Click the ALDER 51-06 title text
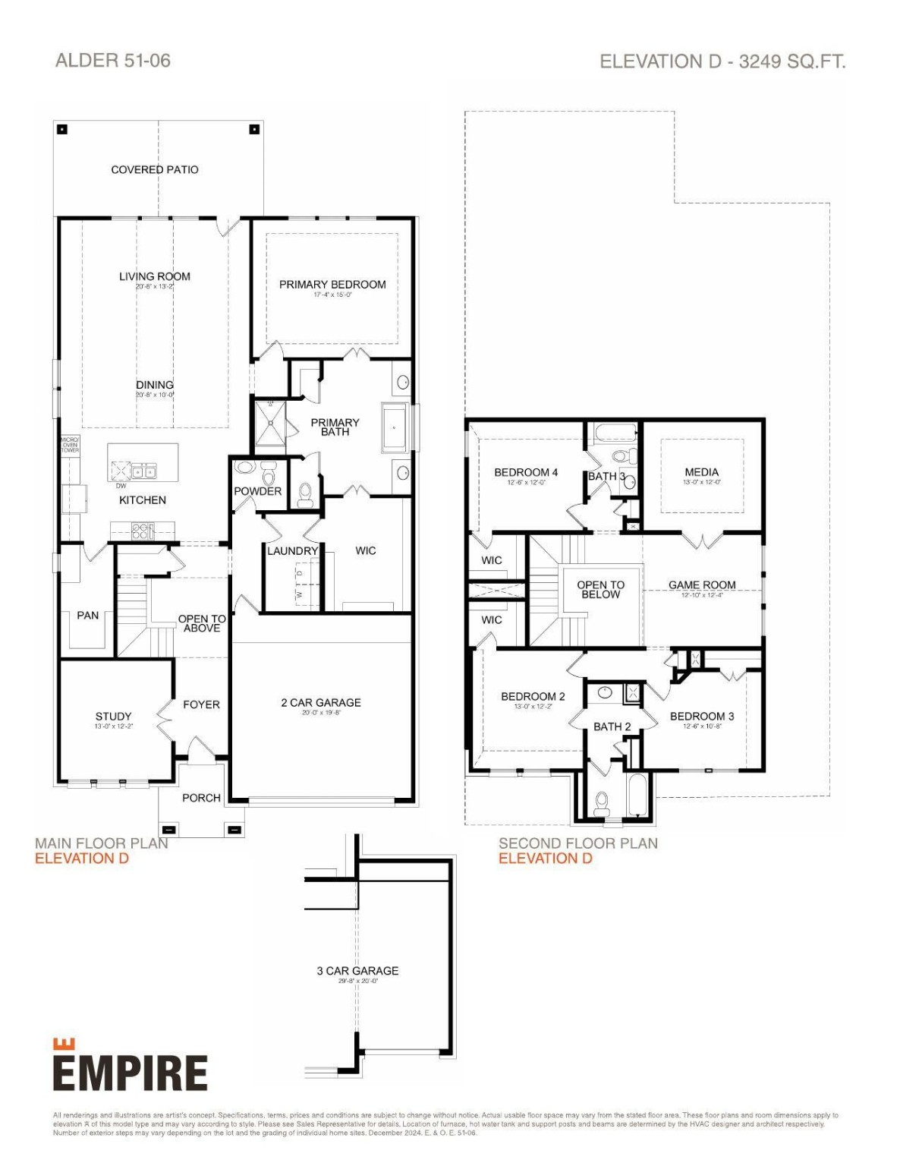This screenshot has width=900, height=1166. (113, 61)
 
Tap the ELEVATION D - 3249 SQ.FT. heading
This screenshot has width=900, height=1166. (722, 61)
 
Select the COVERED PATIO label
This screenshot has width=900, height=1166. (155, 170)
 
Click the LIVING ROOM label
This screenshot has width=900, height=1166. (155, 277)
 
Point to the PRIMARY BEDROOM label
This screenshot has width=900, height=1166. (332, 285)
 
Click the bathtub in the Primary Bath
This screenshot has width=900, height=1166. (394, 428)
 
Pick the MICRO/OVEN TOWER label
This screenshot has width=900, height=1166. (70, 445)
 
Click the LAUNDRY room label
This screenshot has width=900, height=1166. (292, 551)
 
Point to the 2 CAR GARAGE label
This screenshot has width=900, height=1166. (321, 703)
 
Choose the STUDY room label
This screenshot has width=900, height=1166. (113, 717)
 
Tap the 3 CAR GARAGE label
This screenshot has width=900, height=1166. (357, 971)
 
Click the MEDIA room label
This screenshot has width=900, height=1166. (701, 472)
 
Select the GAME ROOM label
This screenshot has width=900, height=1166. (702, 585)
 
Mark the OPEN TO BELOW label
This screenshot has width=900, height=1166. (600, 590)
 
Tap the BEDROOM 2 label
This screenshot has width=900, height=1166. (533, 697)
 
